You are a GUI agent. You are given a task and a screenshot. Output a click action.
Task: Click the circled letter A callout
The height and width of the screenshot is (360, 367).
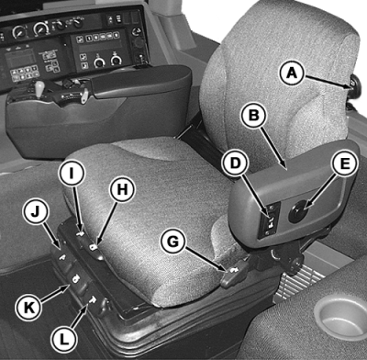click(292, 73)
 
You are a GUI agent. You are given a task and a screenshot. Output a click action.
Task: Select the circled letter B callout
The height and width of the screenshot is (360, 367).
click(254, 114)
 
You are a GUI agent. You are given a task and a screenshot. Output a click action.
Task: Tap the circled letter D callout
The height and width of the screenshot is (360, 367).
click(235, 163)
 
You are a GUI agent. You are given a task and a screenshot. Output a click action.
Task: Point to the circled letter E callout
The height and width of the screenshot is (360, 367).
click(344, 163)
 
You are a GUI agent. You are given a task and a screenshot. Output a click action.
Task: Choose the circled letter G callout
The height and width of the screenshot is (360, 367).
click(173, 242)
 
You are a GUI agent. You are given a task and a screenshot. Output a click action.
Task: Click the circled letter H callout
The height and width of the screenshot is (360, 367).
click(122, 189)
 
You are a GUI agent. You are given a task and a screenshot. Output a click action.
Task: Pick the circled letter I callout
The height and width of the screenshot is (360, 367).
click(72, 173)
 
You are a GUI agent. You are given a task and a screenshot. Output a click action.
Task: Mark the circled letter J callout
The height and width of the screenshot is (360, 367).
click(36, 211)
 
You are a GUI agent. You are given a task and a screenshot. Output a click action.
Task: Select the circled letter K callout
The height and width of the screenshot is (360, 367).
click(29, 307)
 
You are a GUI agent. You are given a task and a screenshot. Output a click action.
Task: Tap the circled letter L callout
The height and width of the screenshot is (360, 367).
click(64, 339)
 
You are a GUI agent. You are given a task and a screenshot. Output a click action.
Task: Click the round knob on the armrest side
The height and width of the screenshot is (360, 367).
click(297, 212)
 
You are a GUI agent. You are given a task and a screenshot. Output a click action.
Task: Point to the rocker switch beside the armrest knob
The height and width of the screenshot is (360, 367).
click(271, 219)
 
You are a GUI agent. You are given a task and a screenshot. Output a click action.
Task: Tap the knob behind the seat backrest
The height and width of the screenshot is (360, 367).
click(354, 86)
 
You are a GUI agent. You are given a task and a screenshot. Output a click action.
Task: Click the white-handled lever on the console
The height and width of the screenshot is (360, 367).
click(39, 89)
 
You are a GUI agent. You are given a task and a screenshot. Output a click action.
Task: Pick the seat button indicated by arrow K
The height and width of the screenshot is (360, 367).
click(77, 278)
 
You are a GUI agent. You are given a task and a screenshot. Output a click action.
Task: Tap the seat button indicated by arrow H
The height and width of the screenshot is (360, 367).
click(94, 247)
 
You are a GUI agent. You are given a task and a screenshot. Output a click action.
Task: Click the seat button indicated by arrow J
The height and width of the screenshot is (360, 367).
click(63, 257)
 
